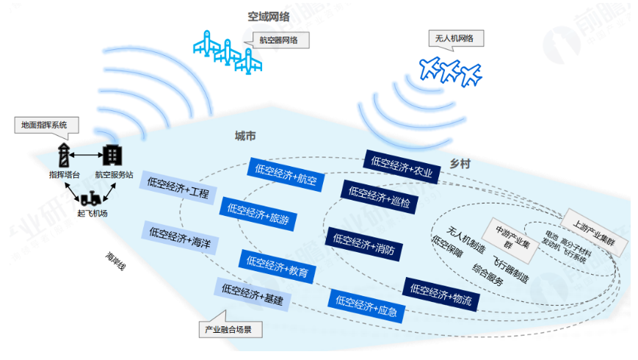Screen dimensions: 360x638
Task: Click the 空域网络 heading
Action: click(268, 15)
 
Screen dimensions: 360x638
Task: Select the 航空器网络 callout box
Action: click(279, 40)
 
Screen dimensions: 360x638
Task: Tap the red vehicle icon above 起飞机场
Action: click(92, 198)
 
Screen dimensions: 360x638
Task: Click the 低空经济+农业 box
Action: click(402, 167)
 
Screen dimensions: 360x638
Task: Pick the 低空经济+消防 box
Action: click(364, 243)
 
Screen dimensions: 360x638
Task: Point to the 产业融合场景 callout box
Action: click(229, 329)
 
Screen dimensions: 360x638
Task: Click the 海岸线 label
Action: click(115, 262)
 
